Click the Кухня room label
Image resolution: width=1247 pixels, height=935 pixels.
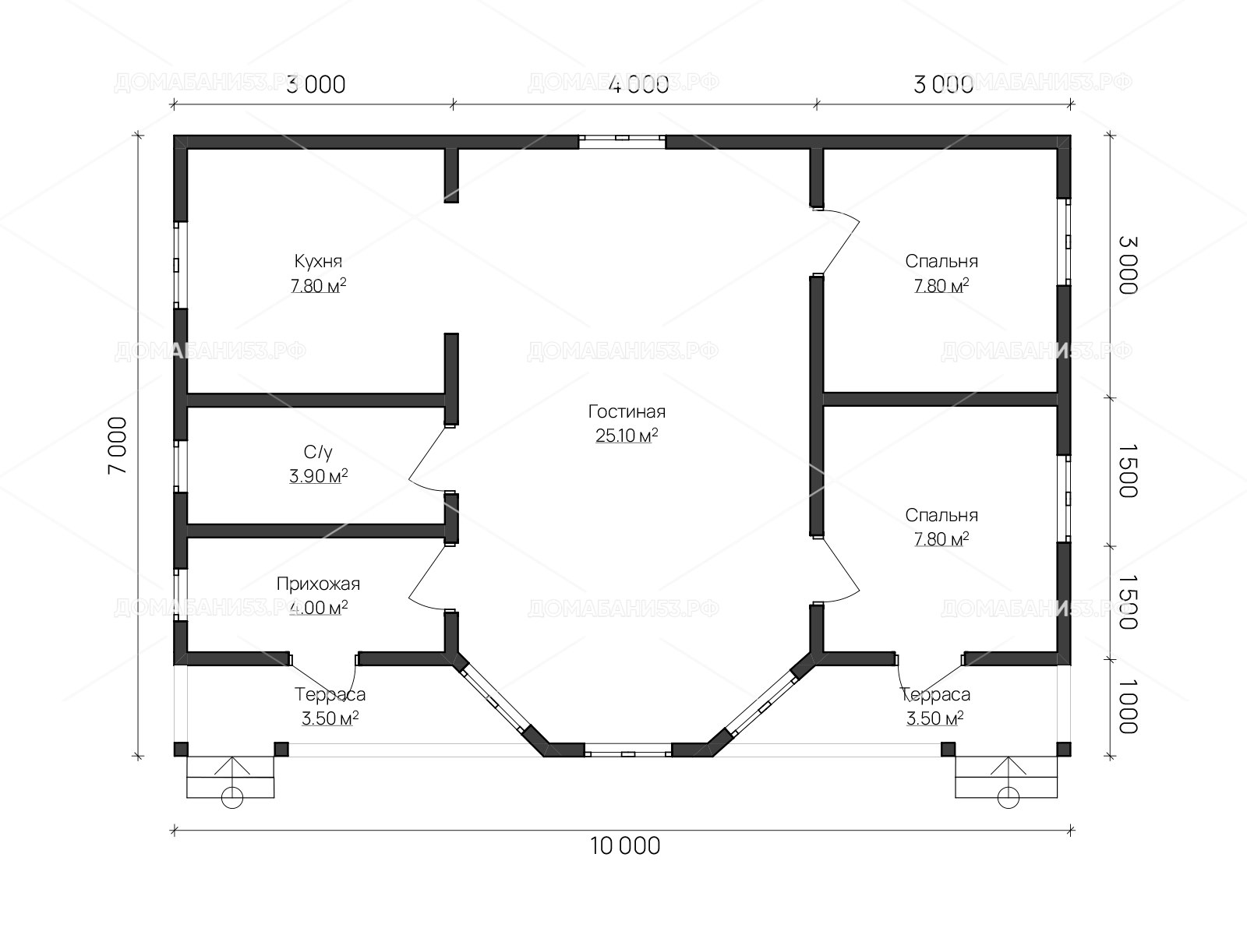coord(318,261)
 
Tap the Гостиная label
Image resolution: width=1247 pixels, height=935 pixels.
coord(627,411)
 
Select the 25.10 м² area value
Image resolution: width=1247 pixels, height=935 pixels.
coord(627,436)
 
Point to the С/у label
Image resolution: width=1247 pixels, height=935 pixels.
coord(318,452)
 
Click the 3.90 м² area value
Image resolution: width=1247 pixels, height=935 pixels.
coord(318,476)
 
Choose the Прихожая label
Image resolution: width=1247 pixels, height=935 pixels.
coord(318,584)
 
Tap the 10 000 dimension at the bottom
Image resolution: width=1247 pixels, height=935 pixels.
coord(625,846)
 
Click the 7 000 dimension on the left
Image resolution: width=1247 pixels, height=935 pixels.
coord(118,446)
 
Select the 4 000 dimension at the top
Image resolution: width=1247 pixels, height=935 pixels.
coord(638,85)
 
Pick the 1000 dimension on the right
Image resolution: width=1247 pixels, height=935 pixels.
coord(1129,707)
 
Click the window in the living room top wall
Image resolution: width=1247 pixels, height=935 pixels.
coord(622,141)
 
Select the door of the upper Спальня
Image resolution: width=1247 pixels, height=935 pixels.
coord(839,241)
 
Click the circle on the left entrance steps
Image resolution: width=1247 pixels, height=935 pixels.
coord(231,798)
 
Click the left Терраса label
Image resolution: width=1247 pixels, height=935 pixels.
coord(330,694)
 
